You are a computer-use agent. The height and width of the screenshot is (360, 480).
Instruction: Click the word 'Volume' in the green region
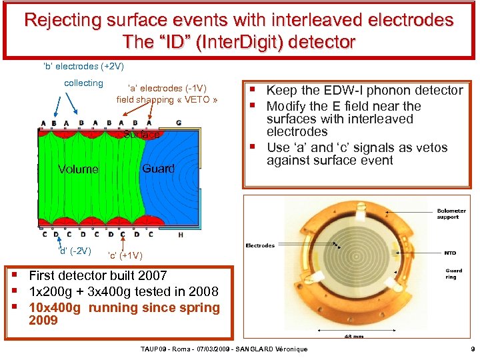coord(78,169)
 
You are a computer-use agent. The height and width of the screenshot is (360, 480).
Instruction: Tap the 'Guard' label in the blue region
coord(158,169)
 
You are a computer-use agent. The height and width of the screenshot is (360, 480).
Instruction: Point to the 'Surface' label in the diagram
coord(141,135)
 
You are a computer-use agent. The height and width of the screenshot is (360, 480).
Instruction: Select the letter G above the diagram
coord(178,123)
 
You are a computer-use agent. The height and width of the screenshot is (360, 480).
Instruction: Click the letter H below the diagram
coord(180,234)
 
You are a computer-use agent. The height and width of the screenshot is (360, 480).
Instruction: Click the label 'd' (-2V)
coord(75,251)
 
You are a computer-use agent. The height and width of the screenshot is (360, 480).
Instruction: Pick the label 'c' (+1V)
coord(125,255)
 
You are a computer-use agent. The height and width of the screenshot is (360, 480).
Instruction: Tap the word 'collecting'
coord(83,83)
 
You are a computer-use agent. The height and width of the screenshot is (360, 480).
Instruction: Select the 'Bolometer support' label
coord(452,214)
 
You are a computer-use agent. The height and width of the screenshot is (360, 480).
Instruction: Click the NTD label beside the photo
coord(450,253)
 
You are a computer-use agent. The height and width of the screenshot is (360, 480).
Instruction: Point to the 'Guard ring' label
coord(453,274)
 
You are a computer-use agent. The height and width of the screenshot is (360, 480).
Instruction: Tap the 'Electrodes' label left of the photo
coord(260,245)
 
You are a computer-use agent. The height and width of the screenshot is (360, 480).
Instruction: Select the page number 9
coord(472,350)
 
